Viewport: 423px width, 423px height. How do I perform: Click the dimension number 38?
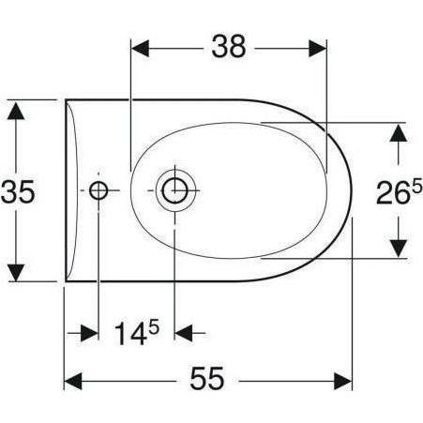tap(229, 46)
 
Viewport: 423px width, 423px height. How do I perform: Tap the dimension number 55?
tap(207, 378)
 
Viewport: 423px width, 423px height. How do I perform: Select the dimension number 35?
tap(18, 192)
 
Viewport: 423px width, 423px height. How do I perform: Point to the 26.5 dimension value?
tap(399, 192)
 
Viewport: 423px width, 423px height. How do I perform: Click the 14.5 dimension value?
tap(137, 333)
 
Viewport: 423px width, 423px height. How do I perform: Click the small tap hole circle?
tap(98, 190)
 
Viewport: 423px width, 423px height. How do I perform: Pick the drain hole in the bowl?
tap(174, 190)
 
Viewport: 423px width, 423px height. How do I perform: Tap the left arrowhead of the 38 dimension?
tap(140, 49)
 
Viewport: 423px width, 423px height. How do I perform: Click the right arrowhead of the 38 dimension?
tap(318, 49)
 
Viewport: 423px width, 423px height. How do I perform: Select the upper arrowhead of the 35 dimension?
tap(16, 110)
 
